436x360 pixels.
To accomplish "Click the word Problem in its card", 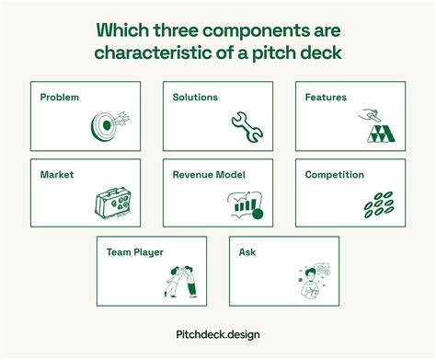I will click(x=60, y=97).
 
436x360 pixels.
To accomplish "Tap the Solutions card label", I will click(x=195, y=97).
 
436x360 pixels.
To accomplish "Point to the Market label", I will click(x=57, y=173).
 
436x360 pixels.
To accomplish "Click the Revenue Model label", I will click(x=210, y=173).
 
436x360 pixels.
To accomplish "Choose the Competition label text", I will click(x=335, y=173).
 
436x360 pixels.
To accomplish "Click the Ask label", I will click(x=247, y=250).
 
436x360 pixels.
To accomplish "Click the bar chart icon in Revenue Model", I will click(x=245, y=204).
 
